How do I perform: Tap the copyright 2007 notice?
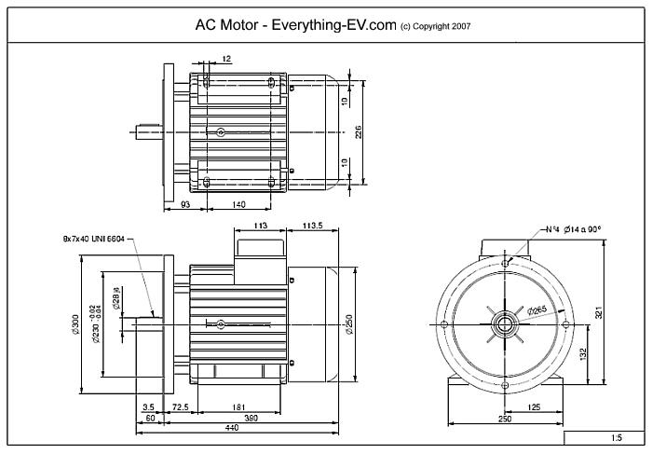click(435, 27)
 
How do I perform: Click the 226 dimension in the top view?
click(359, 133)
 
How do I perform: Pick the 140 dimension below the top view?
click(238, 203)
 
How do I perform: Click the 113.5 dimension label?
click(313, 225)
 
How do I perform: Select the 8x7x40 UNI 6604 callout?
click(93, 240)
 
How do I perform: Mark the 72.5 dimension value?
click(180, 407)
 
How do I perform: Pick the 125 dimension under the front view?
click(535, 407)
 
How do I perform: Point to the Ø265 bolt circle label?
click(536, 310)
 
